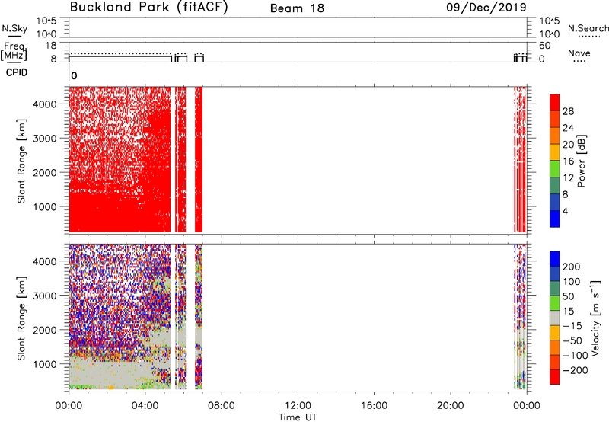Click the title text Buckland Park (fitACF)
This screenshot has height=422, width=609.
pyautogui.click(x=148, y=8)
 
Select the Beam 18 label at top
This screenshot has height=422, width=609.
pyautogui.click(x=297, y=8)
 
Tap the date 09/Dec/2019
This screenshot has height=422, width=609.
pyautogui.click(x=486, y=8)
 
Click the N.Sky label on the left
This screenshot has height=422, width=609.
pyautogui.click(x=14, y=28)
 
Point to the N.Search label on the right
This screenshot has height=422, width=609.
pyautogui.click(x=588, y=28)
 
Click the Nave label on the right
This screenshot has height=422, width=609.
pyautogui.click(x=579, y=53)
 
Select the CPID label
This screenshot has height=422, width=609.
pyautogui.click(x=17, y=72)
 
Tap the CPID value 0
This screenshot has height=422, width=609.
pyautogui.click(x=74, y=76)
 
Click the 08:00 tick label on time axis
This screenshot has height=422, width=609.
pyautogui.click(x=222, y=406)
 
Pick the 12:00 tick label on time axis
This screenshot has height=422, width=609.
pyautogui.click(x=298, y=406)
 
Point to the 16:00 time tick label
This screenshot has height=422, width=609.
pyautogui.click(x=374, y=406)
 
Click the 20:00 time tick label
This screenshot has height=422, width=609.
pyautogui.click(x=451, y=406)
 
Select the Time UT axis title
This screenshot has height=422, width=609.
pyautogui.click(x=298, y=417)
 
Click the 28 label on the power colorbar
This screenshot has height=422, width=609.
pyautogui.click(x=568, y=111)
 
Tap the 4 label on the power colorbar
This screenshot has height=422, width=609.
pyautogui.click(x=565, y=211)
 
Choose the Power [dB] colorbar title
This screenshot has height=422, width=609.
pyautogui.click(x=582, y=161)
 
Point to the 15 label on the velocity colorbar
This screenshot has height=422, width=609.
pyautogui.click(x=568, y=312)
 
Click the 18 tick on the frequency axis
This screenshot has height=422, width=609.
pyautogui.click(x=50, y=46)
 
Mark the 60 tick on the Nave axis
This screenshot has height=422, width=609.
pyautogui.click(x=544, y=46)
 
